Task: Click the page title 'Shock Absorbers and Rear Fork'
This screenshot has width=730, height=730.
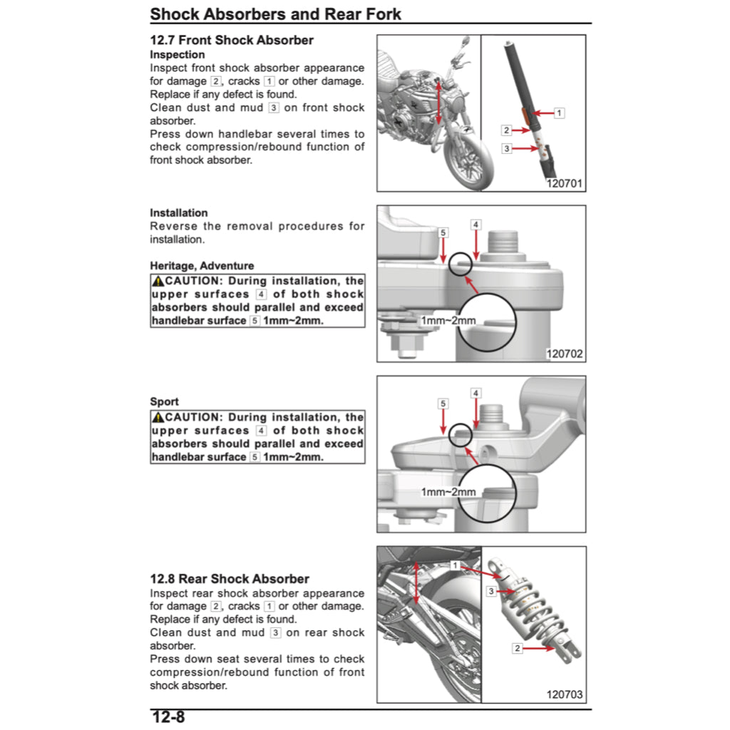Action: point(275,14)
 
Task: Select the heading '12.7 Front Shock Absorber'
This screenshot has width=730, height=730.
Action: point(232,40)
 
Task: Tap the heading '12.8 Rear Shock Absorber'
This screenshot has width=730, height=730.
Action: point(230,579)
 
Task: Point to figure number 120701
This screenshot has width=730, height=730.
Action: point(565,183)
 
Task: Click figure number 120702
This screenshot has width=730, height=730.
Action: point(565,354)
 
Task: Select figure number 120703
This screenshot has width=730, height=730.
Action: point(565,694)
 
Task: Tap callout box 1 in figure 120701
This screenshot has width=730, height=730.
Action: point(560,113)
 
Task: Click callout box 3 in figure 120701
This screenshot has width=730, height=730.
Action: point(507,149)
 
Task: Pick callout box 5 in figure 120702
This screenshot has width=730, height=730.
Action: point(443,233)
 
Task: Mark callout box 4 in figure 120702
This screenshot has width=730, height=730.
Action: point(476,225)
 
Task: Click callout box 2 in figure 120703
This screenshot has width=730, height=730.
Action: point(518,648)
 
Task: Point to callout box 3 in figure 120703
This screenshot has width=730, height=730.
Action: point(491,591)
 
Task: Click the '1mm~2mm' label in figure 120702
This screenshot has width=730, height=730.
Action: point(448,321)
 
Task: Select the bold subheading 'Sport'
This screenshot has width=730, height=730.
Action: point(164,402)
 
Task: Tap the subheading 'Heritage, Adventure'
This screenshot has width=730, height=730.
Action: point(202,266)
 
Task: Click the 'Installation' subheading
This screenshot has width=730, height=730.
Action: point(178,212)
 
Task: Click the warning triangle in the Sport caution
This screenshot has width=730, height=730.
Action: point(158,417)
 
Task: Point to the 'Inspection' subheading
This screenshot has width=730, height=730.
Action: point(177,55)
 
